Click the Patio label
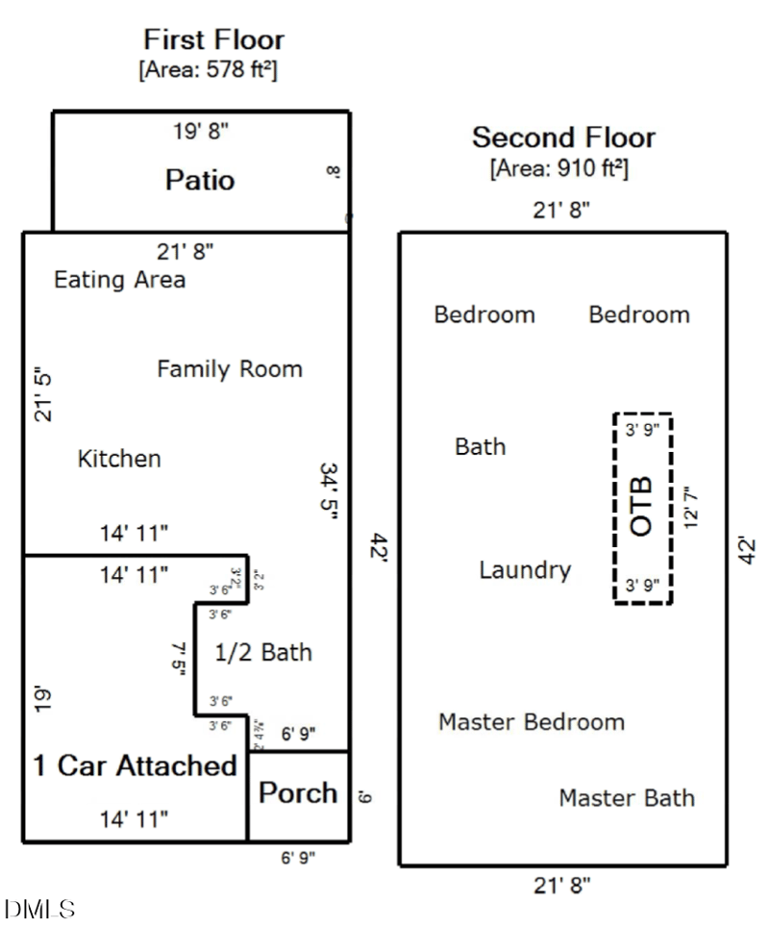200,180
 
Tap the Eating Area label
119,280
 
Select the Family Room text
230,368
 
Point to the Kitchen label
119,459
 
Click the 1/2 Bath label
262,652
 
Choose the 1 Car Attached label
135,765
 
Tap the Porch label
298,793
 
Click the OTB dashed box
643,508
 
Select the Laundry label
525,570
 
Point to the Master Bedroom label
532,722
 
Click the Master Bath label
627,798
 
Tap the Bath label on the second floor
480,446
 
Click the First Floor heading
213,40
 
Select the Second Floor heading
563,138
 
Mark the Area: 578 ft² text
209,69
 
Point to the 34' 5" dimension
329,492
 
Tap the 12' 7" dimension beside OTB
689,508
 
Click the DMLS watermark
39,909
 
